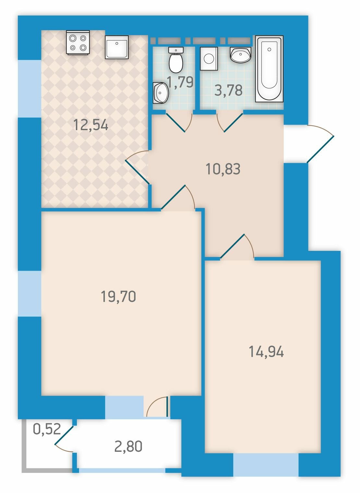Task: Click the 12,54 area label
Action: (x=91, y=125)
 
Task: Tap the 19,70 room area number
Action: (x=118, y=296)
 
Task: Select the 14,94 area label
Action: (x=266, y=351)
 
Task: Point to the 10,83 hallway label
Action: (x=223, y=169)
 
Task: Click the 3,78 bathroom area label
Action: (x=229, y=90)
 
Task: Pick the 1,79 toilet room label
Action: (x=180, y=82)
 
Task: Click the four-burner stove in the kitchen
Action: (x=78, y=43)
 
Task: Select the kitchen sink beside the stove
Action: (x=117, y=47)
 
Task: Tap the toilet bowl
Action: (x=176, y=60)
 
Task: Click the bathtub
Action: (x=269, y=69)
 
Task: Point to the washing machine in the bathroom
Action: (x=209, y=58)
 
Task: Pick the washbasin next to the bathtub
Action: (x=240, y=55)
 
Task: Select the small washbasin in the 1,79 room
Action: (x=161, y=92)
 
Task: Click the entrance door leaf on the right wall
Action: (x=320, y=149)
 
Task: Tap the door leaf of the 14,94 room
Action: (x=233, y=246)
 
